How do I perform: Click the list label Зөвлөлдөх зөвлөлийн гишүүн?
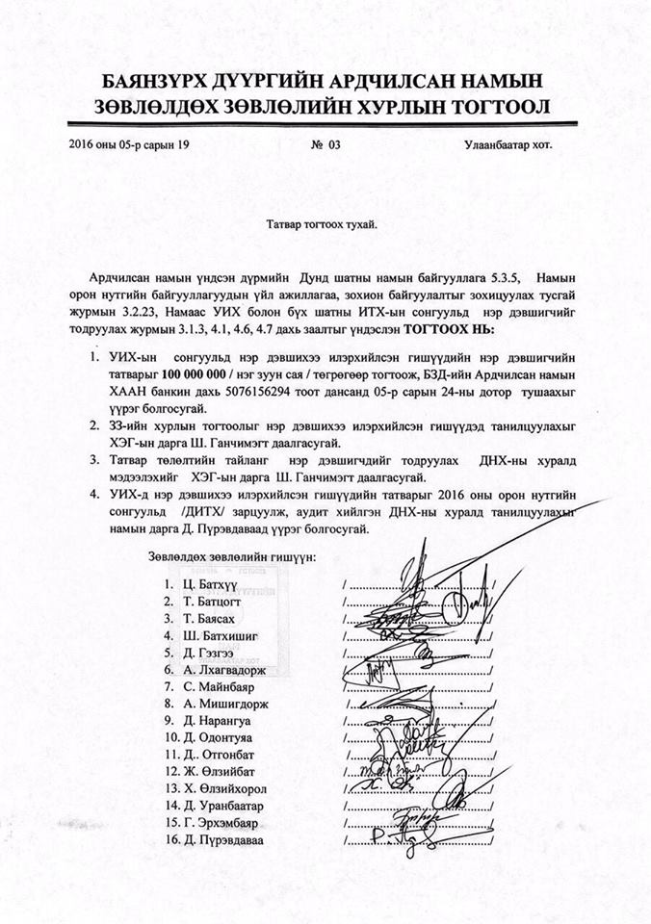click(238, 557)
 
